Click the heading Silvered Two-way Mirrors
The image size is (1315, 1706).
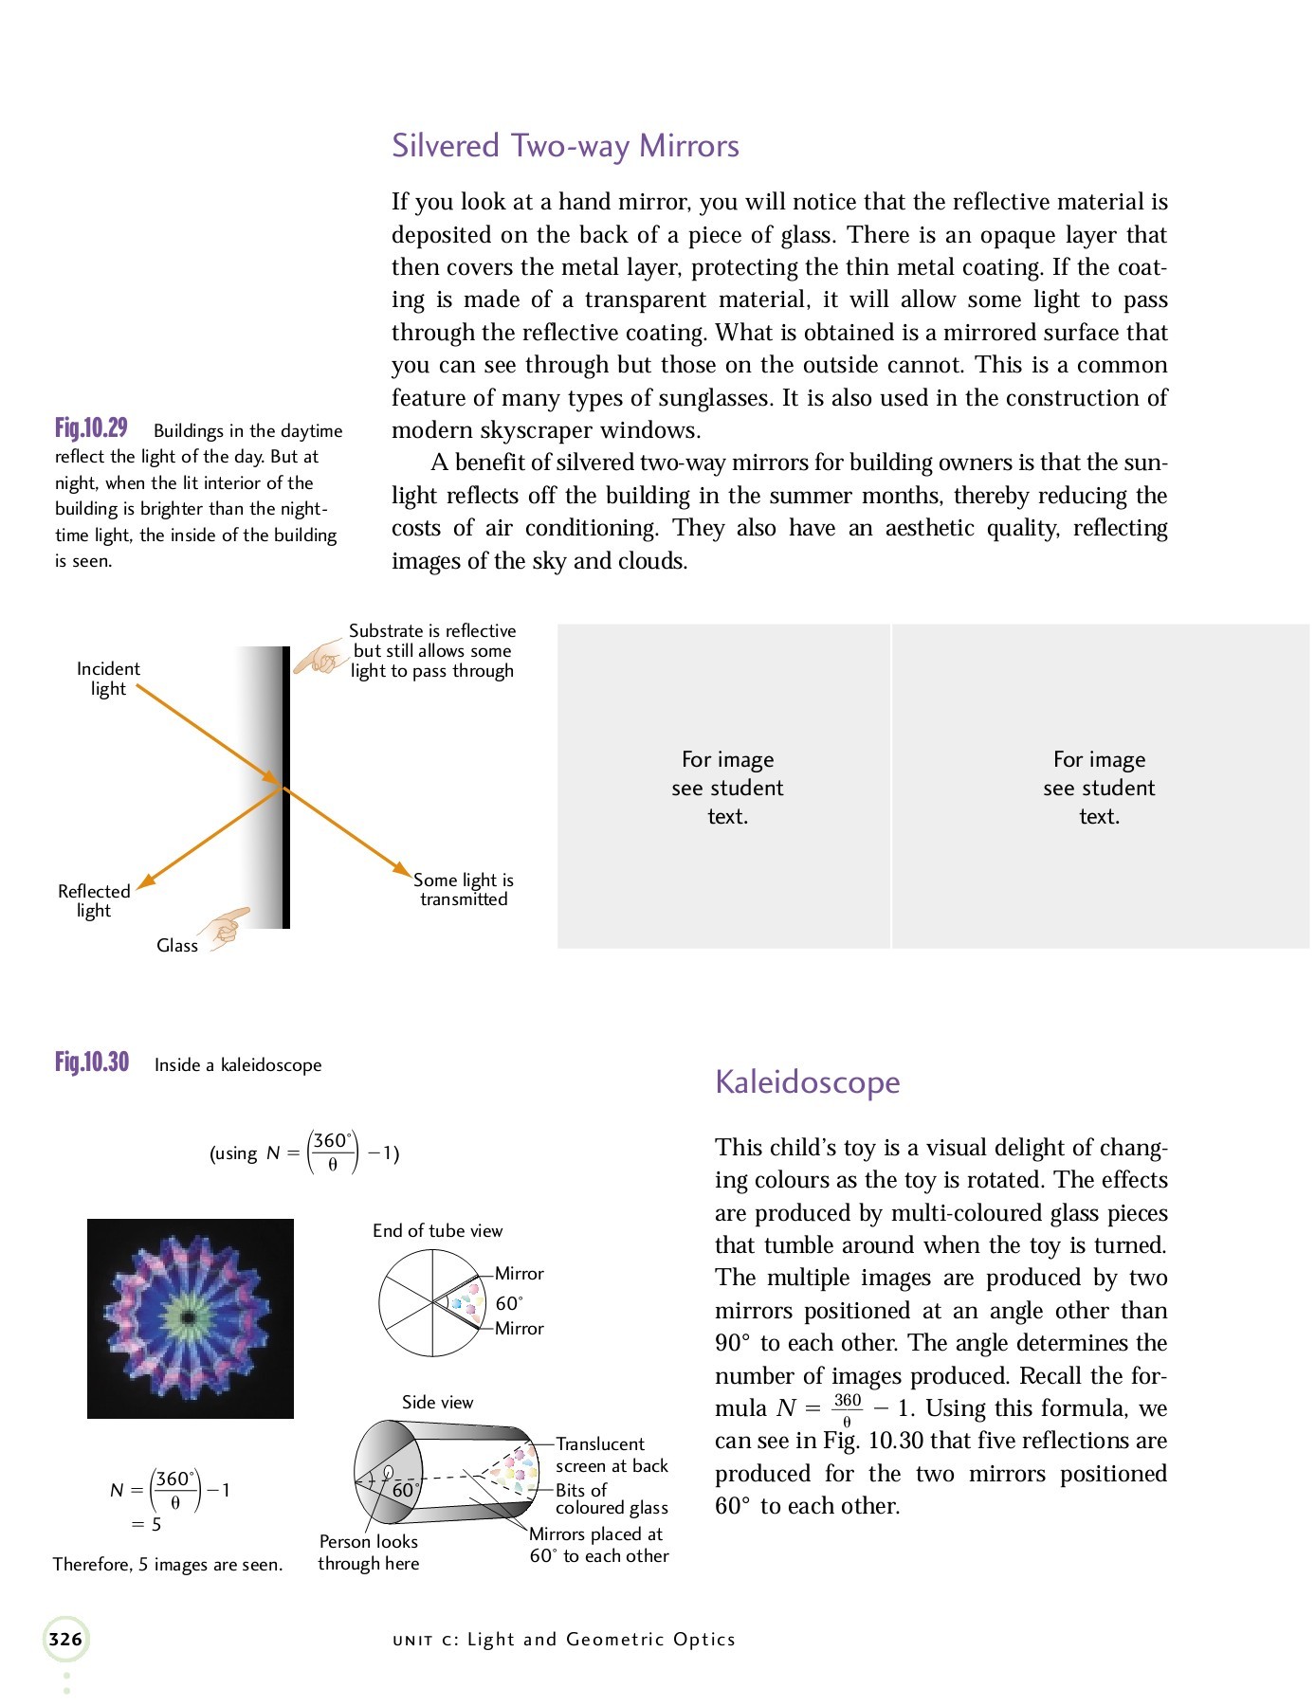565,146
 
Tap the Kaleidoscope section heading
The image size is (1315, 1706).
807,1081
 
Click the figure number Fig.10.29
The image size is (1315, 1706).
91,428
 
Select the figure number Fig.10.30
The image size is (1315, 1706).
92,1062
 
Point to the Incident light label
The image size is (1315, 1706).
108,679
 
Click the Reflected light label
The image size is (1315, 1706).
94,900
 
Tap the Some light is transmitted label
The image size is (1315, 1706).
464,889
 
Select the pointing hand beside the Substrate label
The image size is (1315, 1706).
320,656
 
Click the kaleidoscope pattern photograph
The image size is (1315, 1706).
191,1318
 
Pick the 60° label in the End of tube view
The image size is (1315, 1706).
509,1303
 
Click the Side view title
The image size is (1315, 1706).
437,1402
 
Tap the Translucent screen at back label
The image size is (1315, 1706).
612,1455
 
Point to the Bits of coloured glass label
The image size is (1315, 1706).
612,1498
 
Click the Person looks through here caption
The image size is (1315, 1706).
368,1552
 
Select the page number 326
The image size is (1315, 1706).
65,1639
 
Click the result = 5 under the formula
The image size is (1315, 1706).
147,1524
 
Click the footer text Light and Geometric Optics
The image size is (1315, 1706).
601,1640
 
